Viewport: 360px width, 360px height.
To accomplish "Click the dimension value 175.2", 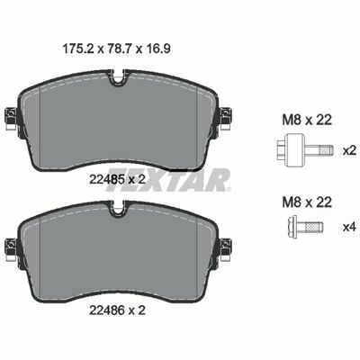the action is (77, 49).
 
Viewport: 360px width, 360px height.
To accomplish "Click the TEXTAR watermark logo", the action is (168, 181).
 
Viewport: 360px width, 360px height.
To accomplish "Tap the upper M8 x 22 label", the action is (307, 120).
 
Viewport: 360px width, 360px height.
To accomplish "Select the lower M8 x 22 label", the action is (307, 202).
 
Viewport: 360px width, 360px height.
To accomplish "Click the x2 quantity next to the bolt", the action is (349, 150).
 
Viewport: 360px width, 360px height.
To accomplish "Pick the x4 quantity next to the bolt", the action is (349, 227).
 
